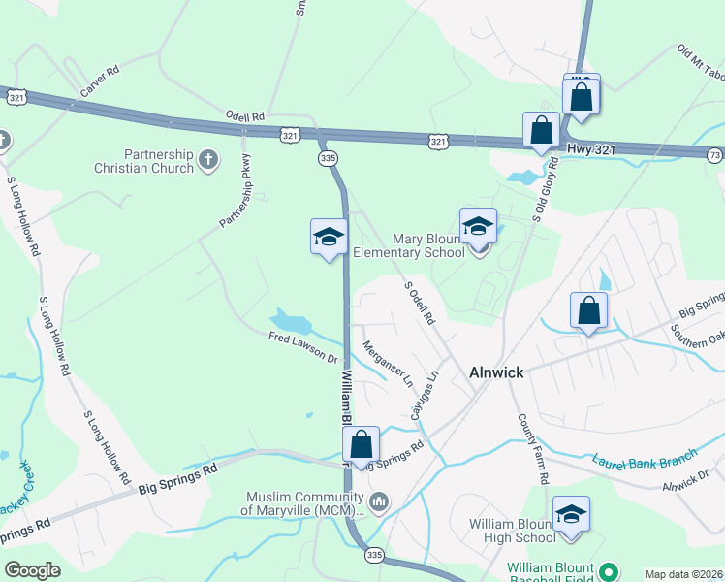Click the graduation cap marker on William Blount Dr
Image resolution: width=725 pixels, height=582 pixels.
329,236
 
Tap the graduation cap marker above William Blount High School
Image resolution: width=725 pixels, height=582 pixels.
571,513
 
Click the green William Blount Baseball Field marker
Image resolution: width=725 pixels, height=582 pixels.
610,573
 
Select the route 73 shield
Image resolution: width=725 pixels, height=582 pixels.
715,155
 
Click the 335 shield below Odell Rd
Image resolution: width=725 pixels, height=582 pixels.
328,158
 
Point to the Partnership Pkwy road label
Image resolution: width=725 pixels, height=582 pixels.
235,191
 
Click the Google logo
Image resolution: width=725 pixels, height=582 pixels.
32,570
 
